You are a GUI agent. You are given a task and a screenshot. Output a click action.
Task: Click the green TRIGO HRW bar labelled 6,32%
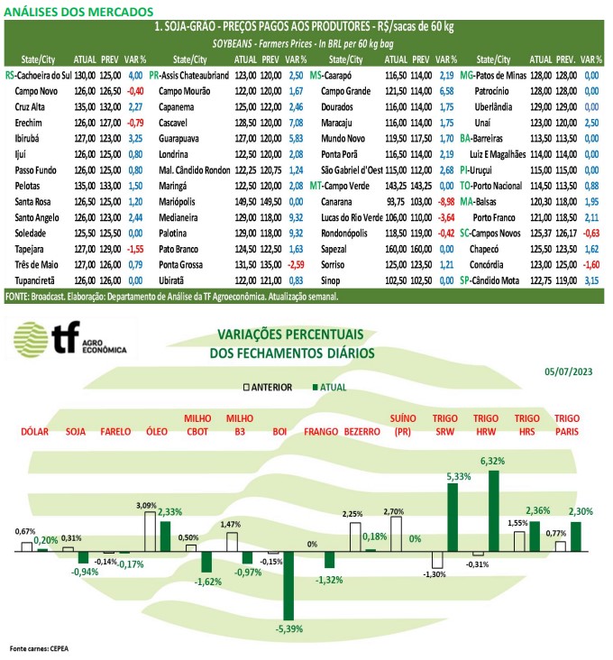[x=493, y=510]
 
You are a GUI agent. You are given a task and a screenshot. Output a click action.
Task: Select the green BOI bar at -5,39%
[x=288, y=585]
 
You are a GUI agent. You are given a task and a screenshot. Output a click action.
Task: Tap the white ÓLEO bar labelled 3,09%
[x=150, y=532]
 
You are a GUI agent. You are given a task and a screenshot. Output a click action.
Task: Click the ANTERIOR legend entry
[x=268, y=387]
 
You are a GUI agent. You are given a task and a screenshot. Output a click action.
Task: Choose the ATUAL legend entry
[x=329, y=387]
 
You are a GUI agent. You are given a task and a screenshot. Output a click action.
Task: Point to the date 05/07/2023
[x=569, y=371]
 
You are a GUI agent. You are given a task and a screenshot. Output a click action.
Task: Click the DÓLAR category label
[x=35, y=432]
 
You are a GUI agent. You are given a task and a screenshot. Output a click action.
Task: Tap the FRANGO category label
[x=321, y=432]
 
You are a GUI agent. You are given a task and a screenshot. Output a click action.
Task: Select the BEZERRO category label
[x=361, y=432]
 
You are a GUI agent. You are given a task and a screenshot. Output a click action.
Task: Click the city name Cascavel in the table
[x=173, y=123]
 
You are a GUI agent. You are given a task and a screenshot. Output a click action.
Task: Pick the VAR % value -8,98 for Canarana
[x=446, y=202]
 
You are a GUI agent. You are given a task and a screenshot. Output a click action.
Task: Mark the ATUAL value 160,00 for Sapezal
[x=396, y=249]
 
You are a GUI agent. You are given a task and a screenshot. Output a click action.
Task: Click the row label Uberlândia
[x=493, y=107]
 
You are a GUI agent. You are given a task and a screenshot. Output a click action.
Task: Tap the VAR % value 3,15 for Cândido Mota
[x=591, y=280]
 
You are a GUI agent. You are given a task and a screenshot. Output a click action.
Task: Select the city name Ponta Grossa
[x=180, y=265]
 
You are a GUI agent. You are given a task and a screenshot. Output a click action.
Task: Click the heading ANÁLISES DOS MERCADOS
[x=78, y=12]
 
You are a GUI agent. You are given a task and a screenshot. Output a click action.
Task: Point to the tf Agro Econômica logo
[x=69, y=339]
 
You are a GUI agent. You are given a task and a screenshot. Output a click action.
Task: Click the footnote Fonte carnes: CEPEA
[x=39, y=648]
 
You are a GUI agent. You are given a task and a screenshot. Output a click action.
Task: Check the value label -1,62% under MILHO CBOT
[x=208, y=582]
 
